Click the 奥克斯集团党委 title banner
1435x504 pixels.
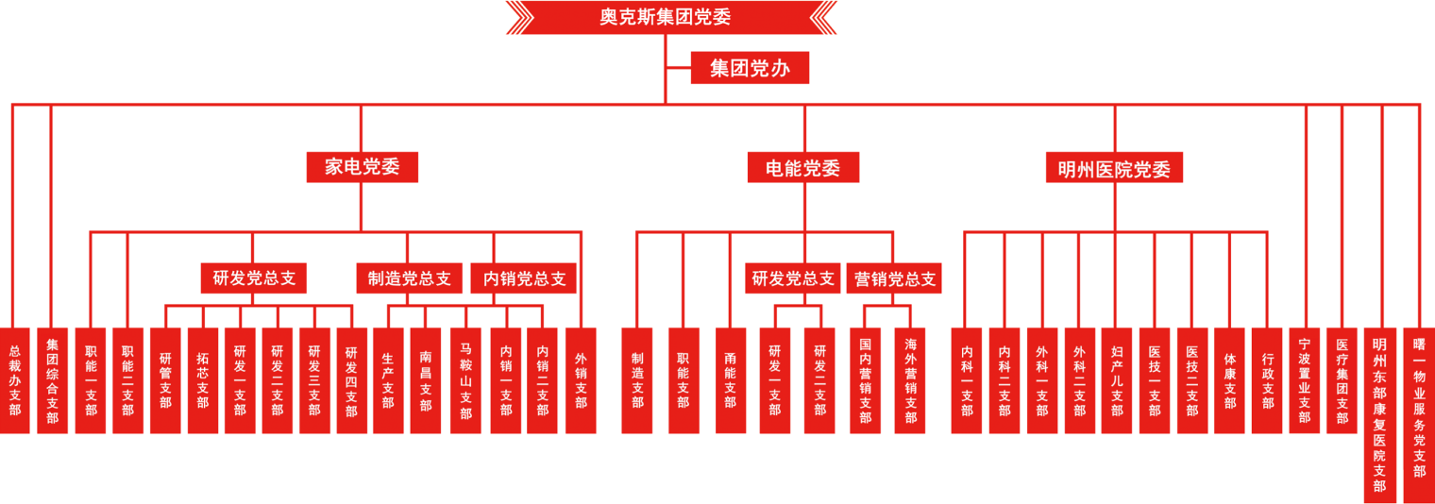tap(671, 17)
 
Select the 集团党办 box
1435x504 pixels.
tap(750, 68)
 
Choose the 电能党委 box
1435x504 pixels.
tap(803, 168)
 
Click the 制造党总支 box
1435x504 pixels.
tap(409, 279)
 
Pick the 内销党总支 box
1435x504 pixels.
tap(524, 279)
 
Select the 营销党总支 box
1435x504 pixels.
tap(894, 279)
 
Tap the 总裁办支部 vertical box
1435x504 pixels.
tap(15, 380)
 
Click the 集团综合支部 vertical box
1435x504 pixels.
tap(53, 380)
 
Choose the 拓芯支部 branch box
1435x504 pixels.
tap(202, 380)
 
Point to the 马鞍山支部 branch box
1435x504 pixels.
tap(464, 380)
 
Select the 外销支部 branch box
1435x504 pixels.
tap(581, 380)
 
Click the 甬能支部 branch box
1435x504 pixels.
tap(730, 380)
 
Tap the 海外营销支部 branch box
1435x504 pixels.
tap(910, 380)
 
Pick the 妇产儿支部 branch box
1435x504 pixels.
tap(1117, 380)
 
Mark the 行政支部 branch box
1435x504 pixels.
tap(1267, 380)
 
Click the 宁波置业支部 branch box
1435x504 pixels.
tap(1304, 380)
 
